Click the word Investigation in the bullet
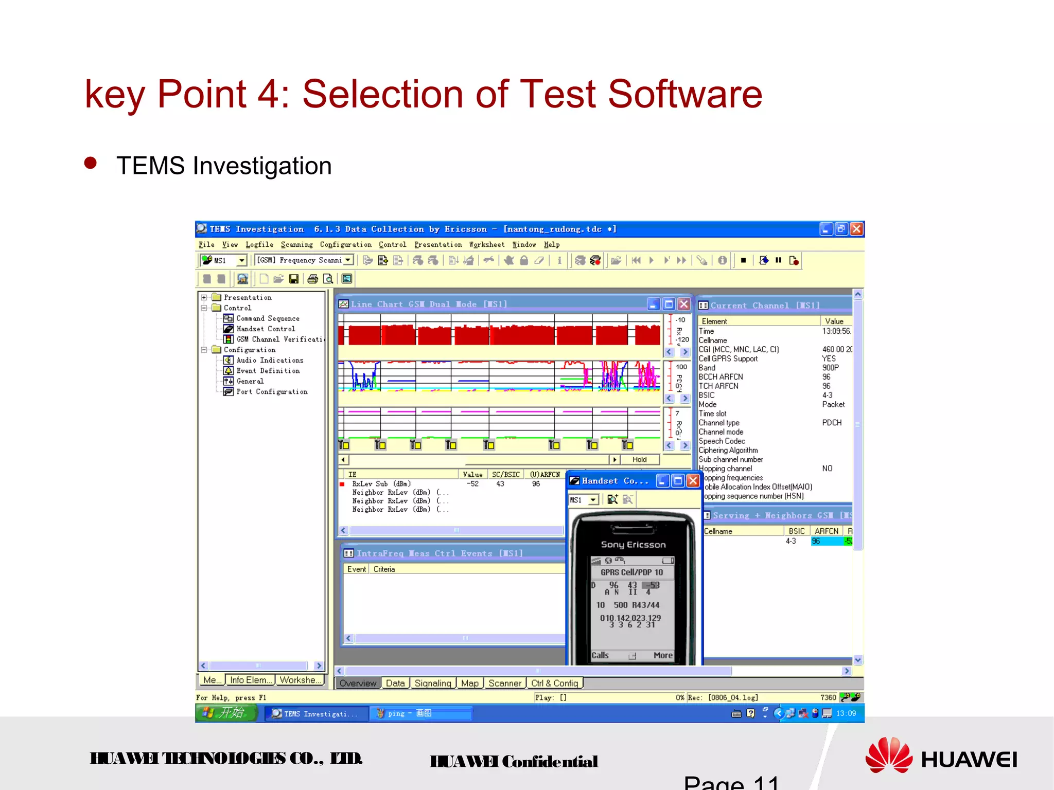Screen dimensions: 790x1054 pos(262,166)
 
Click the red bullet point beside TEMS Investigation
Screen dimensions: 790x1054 pos(91,163)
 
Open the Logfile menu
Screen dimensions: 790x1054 pos(259,245)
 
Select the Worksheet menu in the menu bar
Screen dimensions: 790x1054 pos(486,245)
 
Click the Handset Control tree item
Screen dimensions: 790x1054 pos(266,329)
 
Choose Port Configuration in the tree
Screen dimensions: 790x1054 pos(272,392)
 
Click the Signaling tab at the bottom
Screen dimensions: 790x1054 pos(432,683)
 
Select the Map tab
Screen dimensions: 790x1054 pos(469,683)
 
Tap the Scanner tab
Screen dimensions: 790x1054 pos(504,683)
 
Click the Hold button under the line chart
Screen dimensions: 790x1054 pos(639,460)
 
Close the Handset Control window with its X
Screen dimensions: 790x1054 pos(693,481)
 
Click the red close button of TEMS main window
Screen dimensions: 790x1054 pos(856,229)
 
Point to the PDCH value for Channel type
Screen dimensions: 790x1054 pos(832,423)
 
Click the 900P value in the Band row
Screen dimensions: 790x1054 pos(830,368)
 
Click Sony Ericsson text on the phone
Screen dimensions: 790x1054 pos(633,545)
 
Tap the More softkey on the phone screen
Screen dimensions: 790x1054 pos(663,655)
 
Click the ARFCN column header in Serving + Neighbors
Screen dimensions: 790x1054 pos(827,531)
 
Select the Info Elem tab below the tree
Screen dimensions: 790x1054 pos(250,680)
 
